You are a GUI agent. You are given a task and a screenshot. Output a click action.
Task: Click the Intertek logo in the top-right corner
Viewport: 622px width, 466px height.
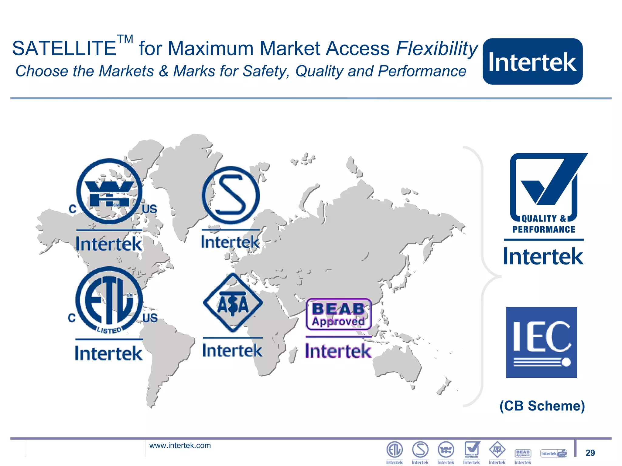(532, 61)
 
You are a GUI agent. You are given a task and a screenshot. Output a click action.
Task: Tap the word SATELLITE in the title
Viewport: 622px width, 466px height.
(64, 49)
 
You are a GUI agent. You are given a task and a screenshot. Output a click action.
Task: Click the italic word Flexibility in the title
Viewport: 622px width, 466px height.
(437, 49)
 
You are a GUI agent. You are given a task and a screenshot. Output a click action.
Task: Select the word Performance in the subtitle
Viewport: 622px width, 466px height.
(422, 71)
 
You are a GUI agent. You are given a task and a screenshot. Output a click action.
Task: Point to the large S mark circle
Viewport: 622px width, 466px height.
(231, 195)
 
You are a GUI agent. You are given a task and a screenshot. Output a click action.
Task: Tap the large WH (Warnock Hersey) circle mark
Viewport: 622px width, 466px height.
(109, 191)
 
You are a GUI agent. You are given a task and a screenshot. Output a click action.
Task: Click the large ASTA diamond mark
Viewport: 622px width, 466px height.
(233, 303)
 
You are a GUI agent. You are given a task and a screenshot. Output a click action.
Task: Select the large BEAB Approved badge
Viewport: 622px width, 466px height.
(338, 314)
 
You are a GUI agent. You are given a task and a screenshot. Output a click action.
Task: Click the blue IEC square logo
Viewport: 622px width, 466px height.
(541, 342)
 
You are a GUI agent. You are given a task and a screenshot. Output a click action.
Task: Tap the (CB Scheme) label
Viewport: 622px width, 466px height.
(542, 406)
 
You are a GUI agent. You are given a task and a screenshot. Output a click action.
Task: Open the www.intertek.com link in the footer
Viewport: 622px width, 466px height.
(180, 445)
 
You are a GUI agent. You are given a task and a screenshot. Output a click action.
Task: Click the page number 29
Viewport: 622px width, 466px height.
(590, 453)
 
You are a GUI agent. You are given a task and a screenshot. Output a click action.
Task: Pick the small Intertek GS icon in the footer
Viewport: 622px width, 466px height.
(554, 453)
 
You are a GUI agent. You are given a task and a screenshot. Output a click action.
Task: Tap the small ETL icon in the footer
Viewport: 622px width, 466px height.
(394, 450)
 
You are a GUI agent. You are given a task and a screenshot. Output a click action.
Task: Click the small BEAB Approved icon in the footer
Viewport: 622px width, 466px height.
(523, 453)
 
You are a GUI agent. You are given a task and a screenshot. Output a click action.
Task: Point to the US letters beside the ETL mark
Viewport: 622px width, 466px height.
(150, 318)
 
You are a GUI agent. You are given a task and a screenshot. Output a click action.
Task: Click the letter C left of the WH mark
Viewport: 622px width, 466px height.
(72, 209)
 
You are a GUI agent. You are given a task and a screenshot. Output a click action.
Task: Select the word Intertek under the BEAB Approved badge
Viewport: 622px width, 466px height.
(338, 351)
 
